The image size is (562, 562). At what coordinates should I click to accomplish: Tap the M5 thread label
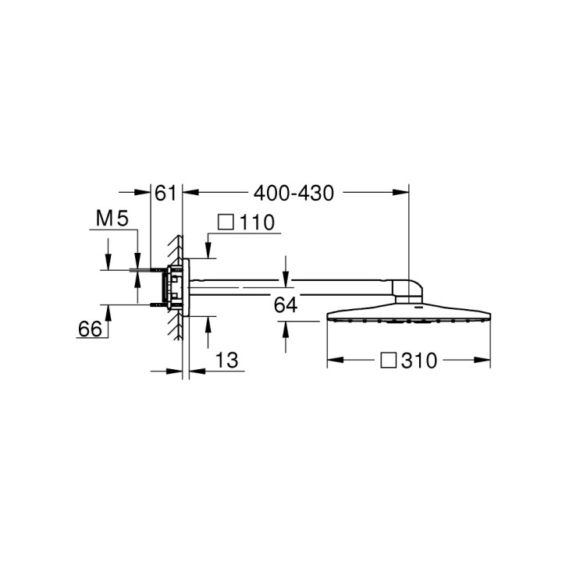click(x=112, y=220)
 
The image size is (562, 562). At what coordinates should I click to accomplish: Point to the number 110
click(x=257, y=222)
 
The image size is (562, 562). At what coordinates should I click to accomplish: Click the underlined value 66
click(x=91, y=329)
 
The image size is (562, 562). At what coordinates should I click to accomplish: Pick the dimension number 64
click(x=286, y=305)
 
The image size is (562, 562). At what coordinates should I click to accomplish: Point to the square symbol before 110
click(x=226, y=222)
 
